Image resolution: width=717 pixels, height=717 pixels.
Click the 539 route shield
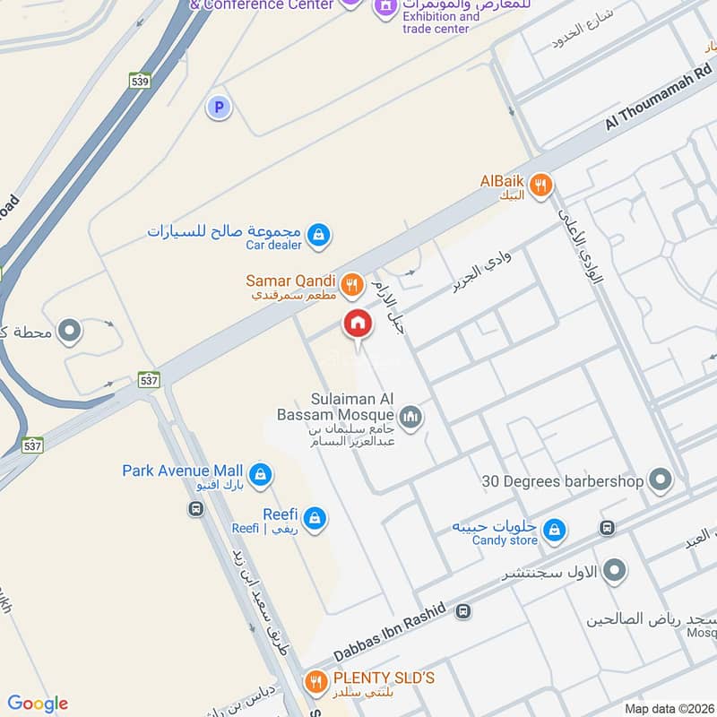click(x=139, y=80)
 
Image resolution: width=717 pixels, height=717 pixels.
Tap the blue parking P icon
click(x=218, y=108)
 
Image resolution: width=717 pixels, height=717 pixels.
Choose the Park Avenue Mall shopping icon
click(x=260, y=474)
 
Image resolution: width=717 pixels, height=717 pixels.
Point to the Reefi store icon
click(x=314, y=517)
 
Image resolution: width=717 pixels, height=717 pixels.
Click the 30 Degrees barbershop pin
click(x=661, y=481)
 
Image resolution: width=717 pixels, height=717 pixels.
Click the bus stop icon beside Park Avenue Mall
click(x=195, y=509)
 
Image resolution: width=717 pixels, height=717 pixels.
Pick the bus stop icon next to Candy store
click(x=607, y=528)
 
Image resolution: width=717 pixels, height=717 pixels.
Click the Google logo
click(x=38, y=704)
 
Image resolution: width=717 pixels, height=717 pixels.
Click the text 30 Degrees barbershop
click(x=563, y=481)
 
